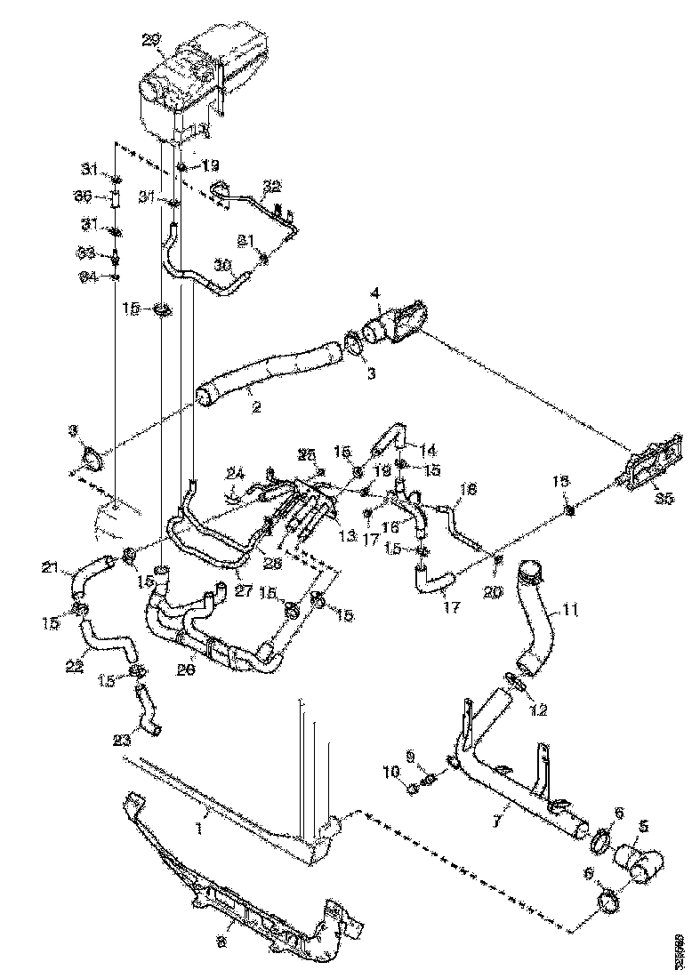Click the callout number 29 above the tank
[x=152, y=39]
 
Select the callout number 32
[x=271, y=186]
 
